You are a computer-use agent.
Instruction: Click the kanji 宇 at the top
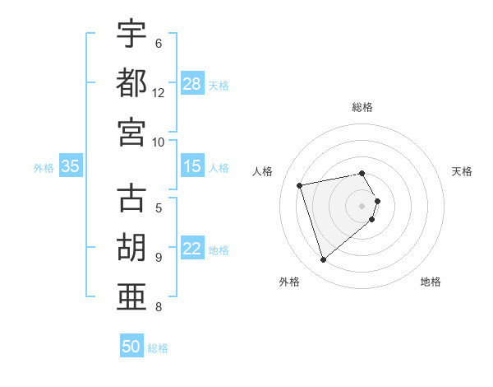click(131, 35)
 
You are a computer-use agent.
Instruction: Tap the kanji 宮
click(131, 131)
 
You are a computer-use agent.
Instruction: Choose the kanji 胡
click(131, 248)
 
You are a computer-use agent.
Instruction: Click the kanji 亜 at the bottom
click(131, 297)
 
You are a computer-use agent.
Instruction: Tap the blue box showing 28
click(192, 84)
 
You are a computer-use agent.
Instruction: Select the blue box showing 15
click(192, 167)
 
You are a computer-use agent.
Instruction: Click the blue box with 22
click(192, 249)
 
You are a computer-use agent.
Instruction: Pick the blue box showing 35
click(71, 167)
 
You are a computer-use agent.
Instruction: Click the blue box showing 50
click(131, 347)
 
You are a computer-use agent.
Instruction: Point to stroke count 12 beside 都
click(159, 92)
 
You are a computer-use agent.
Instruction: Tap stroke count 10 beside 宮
click(159, 141)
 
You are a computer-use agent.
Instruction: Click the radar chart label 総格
click(362, 107)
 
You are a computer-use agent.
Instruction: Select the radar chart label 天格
click(463, 171)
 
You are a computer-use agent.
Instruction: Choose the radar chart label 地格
click(431, 282)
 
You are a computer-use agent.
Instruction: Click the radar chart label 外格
click(289, 282)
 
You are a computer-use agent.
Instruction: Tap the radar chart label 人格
click(263, 171)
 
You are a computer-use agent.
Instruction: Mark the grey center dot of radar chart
click(362, 205)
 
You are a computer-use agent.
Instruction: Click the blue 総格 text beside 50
click(158, 347)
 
